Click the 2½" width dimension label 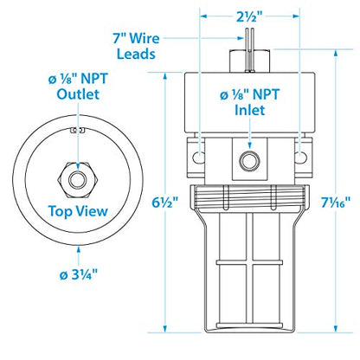pos(250,16)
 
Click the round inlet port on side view pos(250,161)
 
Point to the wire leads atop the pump pos(250,38)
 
